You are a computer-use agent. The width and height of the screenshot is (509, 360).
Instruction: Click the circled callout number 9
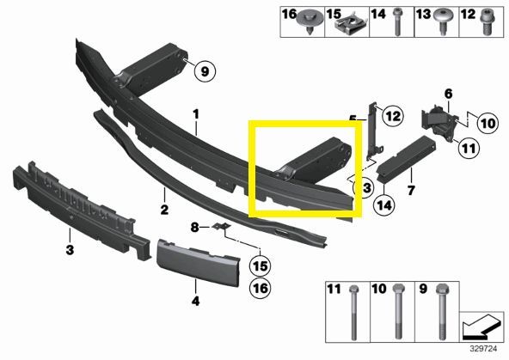[205, 71]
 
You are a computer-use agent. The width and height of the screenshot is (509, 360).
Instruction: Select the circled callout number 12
[393, 116]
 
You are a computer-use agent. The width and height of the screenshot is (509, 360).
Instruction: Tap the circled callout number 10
[488, 123]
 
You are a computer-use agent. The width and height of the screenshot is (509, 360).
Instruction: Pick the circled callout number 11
[469, 149]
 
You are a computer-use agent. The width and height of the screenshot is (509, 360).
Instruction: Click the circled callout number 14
[384, 205]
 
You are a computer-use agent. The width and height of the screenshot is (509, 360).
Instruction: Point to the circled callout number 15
[261, 266]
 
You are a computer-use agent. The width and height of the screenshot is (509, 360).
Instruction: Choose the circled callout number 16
[261, 288]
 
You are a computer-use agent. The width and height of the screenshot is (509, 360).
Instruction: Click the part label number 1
[196, 114]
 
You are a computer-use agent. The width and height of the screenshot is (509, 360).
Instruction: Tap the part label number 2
[164, 210]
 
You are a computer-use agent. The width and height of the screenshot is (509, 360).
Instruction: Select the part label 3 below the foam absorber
[70, 250]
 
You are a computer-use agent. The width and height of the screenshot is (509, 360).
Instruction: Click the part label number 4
[195, 301]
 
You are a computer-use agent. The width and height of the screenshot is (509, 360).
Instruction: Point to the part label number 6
[448, 94]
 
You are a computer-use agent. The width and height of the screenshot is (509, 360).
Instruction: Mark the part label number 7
[411, 190]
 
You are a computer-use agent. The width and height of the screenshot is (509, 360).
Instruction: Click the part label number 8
[194, 228]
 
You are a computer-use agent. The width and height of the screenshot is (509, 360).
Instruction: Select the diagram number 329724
[484, 349]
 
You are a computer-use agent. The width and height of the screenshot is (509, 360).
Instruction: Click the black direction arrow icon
[481, 326]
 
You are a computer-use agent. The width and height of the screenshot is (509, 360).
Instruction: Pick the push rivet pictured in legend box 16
[310, 21]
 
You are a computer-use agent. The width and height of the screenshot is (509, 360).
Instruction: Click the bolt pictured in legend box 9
[442, 311]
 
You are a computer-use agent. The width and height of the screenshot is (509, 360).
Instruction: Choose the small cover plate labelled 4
[199, 263]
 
